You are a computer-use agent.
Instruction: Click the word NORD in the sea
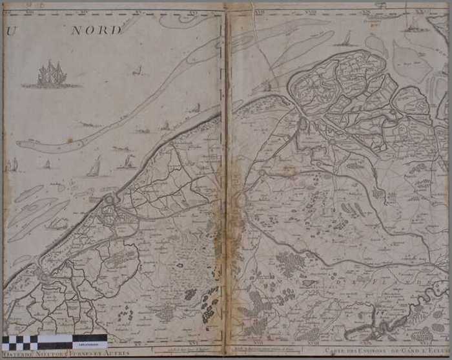tap(96, 30)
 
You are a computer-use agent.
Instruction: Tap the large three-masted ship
tap(51, 75)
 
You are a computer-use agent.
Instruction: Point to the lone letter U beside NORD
tap(9, 30)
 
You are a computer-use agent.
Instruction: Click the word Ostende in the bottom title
tap(17, 353)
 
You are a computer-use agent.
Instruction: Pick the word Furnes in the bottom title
tap(81, 353)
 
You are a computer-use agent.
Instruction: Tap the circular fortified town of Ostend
tap(109, 200)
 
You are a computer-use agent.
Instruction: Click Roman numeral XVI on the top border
tap(193, 10)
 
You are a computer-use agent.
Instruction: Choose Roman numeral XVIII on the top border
tap(309, 10)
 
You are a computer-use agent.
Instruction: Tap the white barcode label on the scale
tap(94, 339)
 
